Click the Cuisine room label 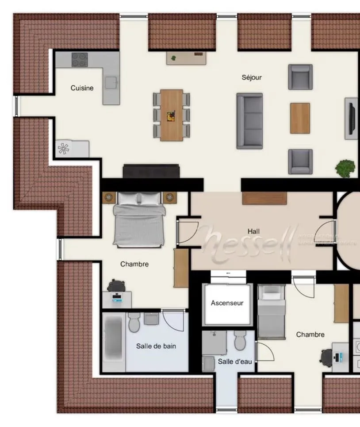click(x=82, y=88)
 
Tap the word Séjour click(x=251, y=77)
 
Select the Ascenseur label click(x=227, y=303)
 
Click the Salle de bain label click(x=156, y=346)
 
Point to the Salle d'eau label click(x=234, y=362)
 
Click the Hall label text click(x=254, y=231)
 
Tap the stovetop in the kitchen click(x=79, y=59)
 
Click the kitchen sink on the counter click(x=111, y=82)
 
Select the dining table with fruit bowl click(x=172, y=115)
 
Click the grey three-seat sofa click(x=249, y=120)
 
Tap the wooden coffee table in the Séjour click(x=300, y=118)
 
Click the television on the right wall click(x=352, y=118)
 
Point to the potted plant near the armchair click(x=345, y=168)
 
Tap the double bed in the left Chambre click(x=139, y=219)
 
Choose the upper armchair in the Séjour click(x=300, y=77)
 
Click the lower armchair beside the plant click(x=300, y=162)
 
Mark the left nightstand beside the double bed click(x=108, y=197)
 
